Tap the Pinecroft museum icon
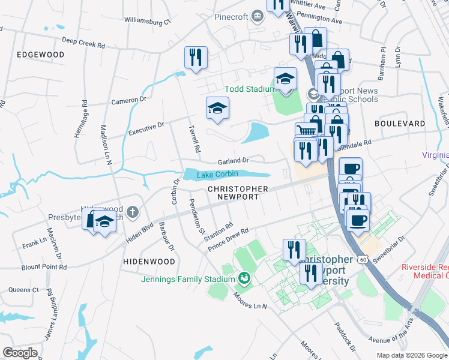click(258, 16)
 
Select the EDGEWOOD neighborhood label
click(41, 55)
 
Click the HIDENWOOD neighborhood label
click(149, 262)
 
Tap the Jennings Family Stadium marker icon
click(244, 278)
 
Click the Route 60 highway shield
click(361, 259)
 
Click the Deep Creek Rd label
click(83, 43)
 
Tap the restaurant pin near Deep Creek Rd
click(196, 58)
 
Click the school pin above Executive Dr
click(217, 108)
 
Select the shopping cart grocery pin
click(306, 131)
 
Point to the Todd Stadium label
click(249, 89)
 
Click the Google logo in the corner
click(20, 353)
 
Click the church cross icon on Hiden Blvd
click(132, 212)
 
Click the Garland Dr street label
click(233, 161)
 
